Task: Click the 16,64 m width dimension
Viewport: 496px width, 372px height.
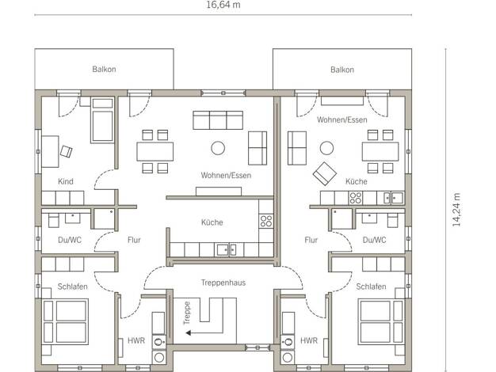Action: (223, 5)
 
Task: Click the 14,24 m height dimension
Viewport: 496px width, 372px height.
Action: (456, 210)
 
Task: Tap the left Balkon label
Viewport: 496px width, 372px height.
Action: (104, 69)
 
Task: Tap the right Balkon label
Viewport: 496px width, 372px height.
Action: (342, 70)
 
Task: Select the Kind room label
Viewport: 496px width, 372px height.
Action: (66, 181)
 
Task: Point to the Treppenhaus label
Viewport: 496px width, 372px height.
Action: (223, 283)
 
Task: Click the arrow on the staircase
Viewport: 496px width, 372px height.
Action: (204, 332)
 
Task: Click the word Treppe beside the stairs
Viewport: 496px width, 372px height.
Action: (187, 313)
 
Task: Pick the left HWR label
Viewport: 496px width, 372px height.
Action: (136, 340)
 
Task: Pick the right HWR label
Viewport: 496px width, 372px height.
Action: (309, 340)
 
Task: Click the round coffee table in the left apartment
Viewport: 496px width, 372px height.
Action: (218, 148)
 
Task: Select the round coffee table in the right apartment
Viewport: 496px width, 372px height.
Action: (326, 148)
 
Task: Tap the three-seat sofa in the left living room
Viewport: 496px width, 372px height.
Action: (218, 120)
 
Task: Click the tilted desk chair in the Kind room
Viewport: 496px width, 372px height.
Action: (67, 151)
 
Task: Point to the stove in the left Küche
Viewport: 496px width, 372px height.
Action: (266, 222)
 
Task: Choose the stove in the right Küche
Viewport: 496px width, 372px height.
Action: (356, 198)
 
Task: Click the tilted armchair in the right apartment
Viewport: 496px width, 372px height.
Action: (325, 173)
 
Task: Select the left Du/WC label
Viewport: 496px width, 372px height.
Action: (70, 240)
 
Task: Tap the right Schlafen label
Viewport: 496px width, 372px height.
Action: (371, 287)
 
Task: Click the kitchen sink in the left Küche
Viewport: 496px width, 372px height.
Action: (226, 249)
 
